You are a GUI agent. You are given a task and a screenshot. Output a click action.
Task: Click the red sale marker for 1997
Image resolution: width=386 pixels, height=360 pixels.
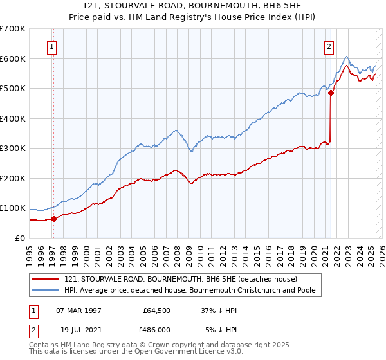click(x=54, y=219)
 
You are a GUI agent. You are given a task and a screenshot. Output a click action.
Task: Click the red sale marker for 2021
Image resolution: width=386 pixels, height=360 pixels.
click(x=331, y=93)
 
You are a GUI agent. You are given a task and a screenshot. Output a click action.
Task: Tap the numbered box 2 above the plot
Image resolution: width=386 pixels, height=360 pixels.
click(x=329, y=46)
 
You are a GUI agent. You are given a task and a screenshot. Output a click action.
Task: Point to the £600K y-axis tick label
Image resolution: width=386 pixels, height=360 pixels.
click(x=12, y=59)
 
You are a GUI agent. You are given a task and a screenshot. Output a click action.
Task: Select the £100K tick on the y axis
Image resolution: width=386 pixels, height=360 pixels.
click(x=12, y=208)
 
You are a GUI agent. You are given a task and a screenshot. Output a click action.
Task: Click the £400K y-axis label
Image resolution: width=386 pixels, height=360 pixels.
click(x=12, y=118)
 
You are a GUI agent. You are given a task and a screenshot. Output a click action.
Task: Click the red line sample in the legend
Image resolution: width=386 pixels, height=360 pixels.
click(x=47, y=279)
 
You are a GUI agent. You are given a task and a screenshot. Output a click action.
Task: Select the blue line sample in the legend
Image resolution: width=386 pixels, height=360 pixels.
click(x=47, y=290)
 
